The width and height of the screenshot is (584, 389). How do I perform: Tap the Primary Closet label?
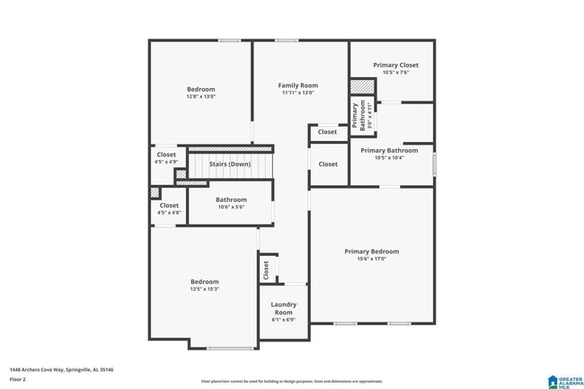[395, 65]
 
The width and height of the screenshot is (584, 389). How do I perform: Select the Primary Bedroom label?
[371, 252]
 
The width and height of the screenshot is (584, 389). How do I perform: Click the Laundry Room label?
[283, 308]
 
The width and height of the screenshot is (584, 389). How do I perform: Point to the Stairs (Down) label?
[229, 164]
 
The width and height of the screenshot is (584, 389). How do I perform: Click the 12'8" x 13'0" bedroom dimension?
[200, 96]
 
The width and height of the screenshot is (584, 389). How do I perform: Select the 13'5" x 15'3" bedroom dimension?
[204, 289]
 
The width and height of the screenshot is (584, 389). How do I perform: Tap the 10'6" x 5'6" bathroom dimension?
[231, 207]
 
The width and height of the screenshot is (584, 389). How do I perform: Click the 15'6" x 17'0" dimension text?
[371, 260]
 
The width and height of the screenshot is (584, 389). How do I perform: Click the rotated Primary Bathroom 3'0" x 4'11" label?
[358, 117]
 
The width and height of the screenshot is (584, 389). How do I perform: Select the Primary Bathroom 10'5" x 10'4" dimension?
[389, 158]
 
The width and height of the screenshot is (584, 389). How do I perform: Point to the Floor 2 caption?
[19, 378]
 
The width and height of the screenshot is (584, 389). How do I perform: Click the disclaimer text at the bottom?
[291, 381]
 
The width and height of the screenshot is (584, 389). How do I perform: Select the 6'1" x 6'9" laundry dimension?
[283, 320]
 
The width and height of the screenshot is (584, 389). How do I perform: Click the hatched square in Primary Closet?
[360, 86]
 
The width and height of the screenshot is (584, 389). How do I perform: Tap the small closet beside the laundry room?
[266, 269]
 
